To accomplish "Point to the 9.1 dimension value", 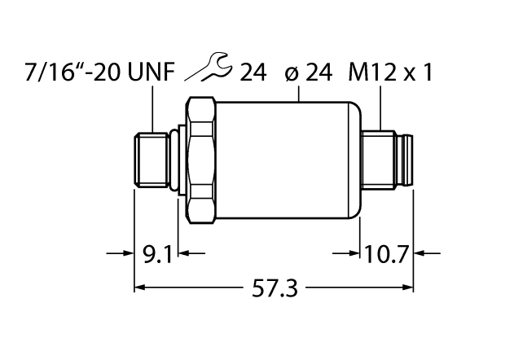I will point(156,256).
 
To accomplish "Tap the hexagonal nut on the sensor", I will point(201,160).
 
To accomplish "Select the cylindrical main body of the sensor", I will point(289,160).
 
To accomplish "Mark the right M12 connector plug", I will point(389,160).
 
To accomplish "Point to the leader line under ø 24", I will point(302,94).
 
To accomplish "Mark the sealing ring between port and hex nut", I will point(174,160).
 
